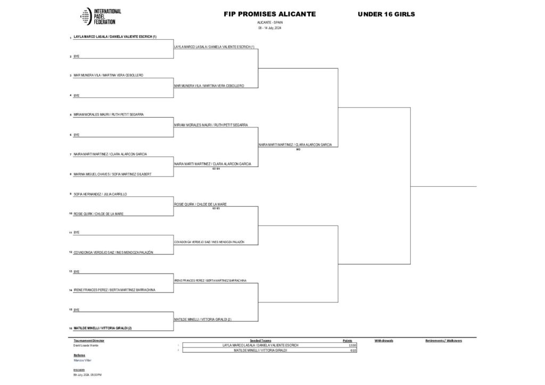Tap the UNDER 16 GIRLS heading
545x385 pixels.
click(x=386, y=14)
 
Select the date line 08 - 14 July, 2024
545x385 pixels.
click(x=269, y=28)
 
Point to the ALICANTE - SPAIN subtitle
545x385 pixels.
click(x=269, y=23)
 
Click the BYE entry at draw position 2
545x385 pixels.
click(x=76, y=56)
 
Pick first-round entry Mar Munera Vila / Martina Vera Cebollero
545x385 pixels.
click(x=109, y=76)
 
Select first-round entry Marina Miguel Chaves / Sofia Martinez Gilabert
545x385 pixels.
click(x=112, y=174)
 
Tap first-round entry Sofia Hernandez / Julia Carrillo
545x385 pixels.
click(x=100, y=194)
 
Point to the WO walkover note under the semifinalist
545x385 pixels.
click(x=298, y=149)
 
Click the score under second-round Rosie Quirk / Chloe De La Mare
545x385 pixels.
click(x=216, y=208)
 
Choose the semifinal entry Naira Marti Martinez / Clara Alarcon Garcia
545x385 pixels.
click(x=298, y=145)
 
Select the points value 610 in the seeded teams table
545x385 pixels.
click(x=353, y=350)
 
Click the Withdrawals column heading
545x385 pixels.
click(x=384, y=340)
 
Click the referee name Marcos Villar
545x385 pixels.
click(x=83, y=360)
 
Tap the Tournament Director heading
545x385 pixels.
click(x=89, y=340)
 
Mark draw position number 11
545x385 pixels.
click(x=70, y=233)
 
